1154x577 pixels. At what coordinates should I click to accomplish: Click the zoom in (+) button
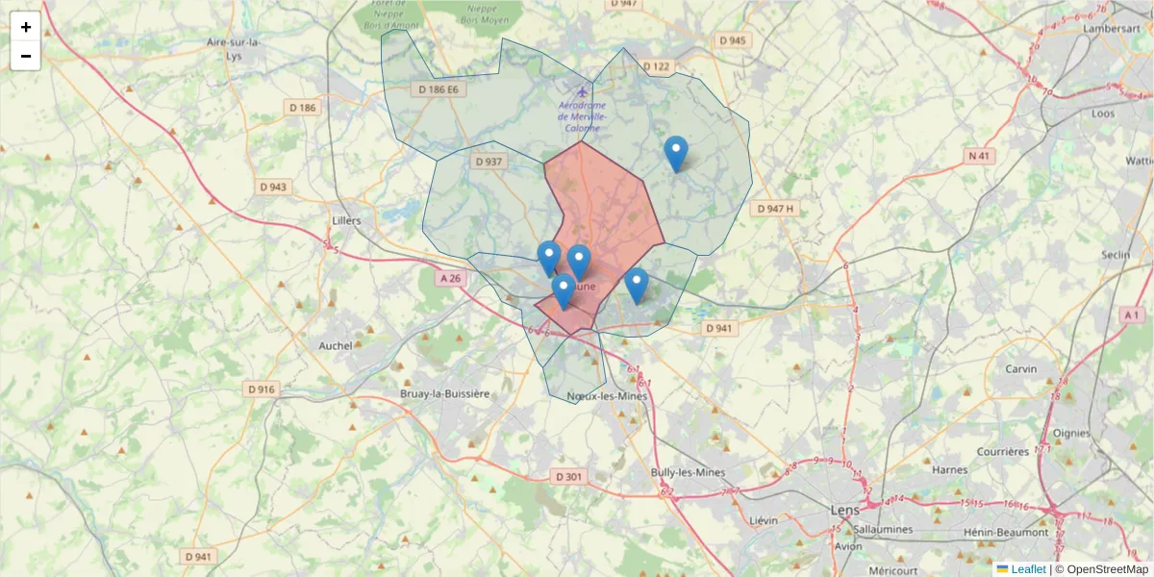[x=26, y=27]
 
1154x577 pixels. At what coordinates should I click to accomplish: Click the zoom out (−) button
[x=26, y=56]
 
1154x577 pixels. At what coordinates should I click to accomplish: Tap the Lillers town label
[x=346, y=220]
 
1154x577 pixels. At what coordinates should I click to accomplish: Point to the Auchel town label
[x=336, y=345]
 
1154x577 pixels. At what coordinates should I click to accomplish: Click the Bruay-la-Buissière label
[x=445, y=394]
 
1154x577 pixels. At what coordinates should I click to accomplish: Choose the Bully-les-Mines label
[x=688, y=472]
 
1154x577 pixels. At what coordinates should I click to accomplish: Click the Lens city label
[x=845, y=510]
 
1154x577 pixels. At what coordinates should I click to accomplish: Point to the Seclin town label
[x=1116, y=255]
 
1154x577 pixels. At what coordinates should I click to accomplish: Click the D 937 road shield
[x=489, y=162]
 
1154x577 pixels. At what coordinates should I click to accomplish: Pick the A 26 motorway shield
[x=450, y=278]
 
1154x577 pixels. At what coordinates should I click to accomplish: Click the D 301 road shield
[x=569, y=477]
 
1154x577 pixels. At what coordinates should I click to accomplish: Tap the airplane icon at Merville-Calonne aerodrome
[x=581, y=92]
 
